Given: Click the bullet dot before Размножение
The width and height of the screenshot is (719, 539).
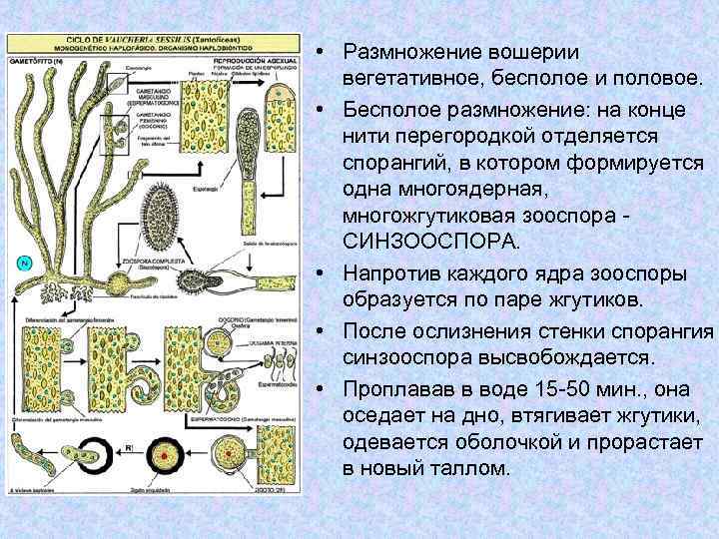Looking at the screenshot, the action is [x=314, y=50].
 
